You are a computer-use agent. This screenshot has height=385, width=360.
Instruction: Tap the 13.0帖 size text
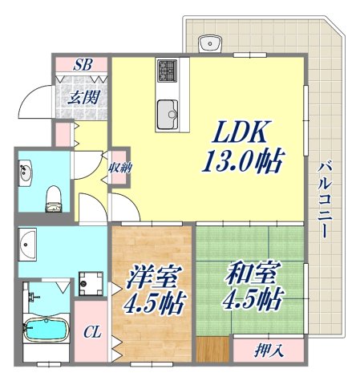point(241,164)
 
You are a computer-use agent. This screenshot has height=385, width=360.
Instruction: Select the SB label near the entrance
point(83,66)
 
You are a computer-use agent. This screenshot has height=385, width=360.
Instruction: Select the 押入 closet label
point(268,350)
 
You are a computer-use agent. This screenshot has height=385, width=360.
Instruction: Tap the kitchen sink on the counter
point(168,111)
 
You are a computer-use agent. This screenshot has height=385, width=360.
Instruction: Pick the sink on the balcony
point(213,40)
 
